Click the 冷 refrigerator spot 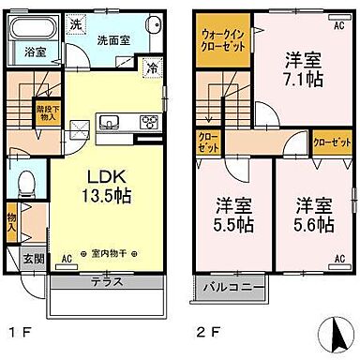(150, 67)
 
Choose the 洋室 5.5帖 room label (232, 215)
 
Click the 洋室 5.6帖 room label (311, 215)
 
